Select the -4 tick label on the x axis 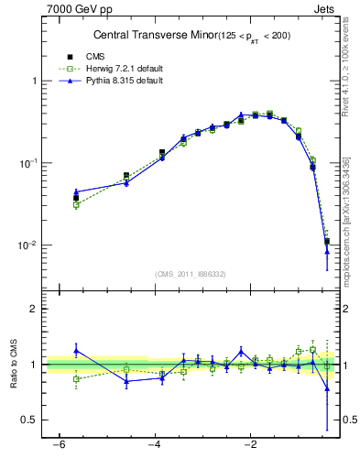coord(155,446)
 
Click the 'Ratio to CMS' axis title coord(13,364)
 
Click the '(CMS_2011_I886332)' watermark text coord(191,274)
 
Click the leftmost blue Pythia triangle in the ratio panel coord(77,350)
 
